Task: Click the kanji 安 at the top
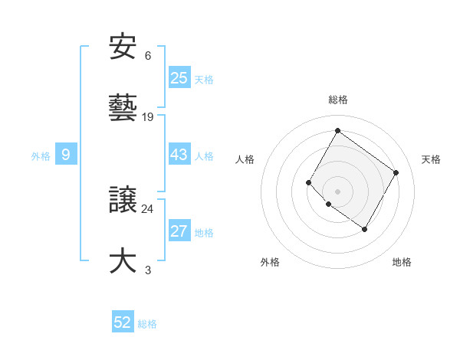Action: coord(123,47)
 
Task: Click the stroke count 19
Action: coord(148,117)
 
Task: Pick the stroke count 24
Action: coord(148,208)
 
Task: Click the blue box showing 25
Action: coord(179,78)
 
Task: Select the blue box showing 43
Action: coord(179,155)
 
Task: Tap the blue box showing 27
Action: coord(179,231)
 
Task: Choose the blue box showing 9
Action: coord(66,155)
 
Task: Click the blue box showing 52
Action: coord(123,322)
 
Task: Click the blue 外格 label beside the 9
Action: coord(41,156)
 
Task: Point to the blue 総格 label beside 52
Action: coord(147,324)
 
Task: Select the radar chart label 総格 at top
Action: coord(337,100)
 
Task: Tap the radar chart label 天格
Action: coord(431,159)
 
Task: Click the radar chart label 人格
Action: coord(245,159)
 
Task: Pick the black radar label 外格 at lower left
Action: coord(270,262)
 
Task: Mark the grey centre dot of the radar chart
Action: coord(337,191)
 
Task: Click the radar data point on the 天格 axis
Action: coord(396,172)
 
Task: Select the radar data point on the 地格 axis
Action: coord(364,229)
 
